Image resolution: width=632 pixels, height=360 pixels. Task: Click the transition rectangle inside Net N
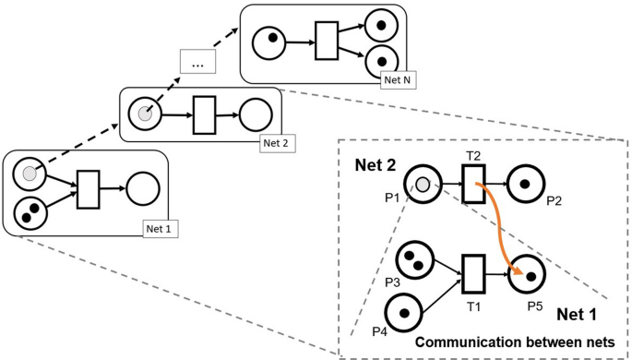(327, 42)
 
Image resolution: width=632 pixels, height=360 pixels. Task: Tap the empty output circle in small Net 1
(143, 189)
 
